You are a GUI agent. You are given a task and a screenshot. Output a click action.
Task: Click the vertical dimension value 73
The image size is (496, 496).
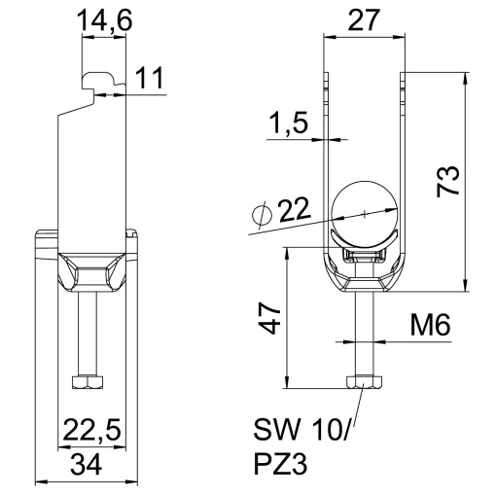click(x=447, y=183)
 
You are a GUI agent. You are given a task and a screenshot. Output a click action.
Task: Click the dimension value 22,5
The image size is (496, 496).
click(x=87, y=429)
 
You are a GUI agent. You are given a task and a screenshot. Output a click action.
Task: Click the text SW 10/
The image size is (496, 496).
click(x=301, y=429)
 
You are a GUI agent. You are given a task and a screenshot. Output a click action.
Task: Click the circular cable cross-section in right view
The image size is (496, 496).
click(x=363, y=213)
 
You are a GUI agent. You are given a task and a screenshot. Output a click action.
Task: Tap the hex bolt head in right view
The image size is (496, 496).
click(x=363, y=381)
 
